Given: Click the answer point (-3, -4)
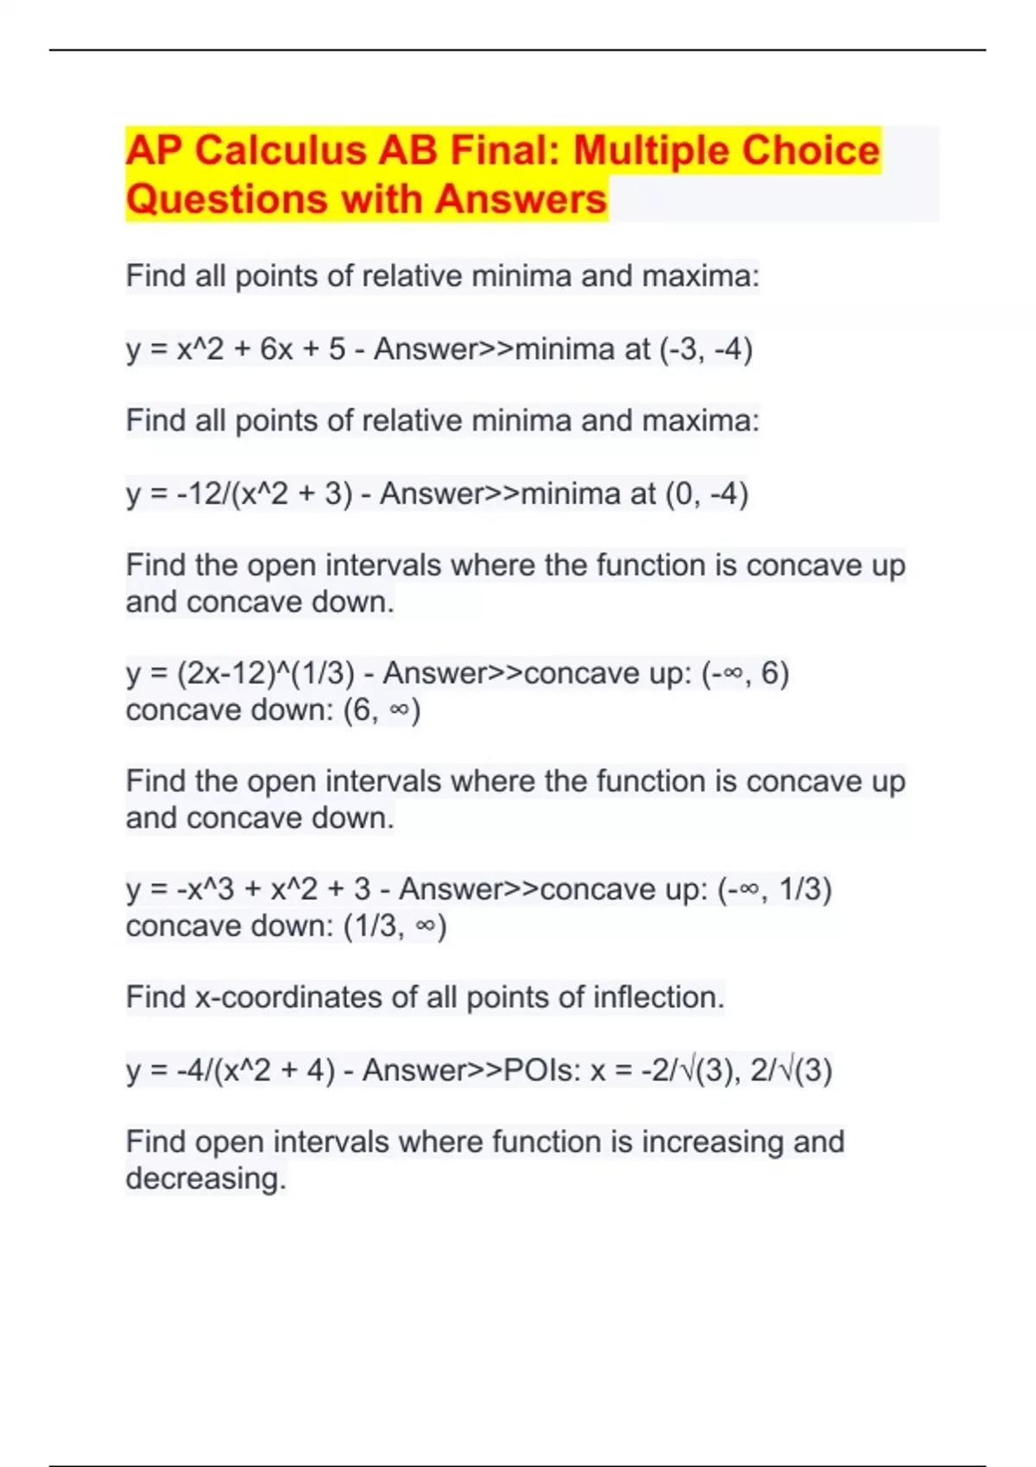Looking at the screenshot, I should [706, 349].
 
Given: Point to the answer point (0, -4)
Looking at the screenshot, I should [706, 494].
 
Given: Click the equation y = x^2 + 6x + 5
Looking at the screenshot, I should [236, 349].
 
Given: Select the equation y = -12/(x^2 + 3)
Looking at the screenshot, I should [239, 494].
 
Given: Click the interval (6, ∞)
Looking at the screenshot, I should [382, 710].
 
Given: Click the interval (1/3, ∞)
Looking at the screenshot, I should [395, 926].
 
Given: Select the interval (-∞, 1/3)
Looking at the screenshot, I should [774, 889].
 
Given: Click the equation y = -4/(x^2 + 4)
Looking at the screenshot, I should [231, 1071].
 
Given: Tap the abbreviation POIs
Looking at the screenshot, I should [542, 1071].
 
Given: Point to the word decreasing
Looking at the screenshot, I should [205, 1179].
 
